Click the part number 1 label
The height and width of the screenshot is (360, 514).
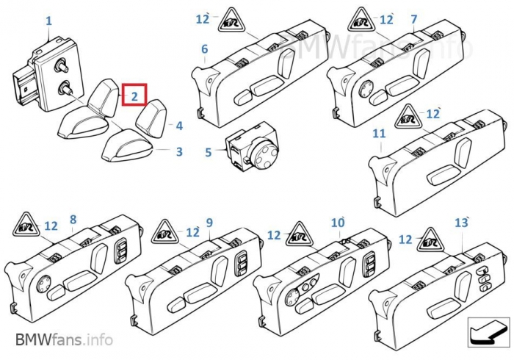click(x=48, y=21)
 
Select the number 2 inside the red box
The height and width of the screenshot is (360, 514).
click(x=134, y=96)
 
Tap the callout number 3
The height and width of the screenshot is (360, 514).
click(x=179, y=151)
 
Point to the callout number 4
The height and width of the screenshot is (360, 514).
click(x=179, y=126)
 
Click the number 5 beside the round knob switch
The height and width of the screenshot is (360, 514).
click(x=209, y=152)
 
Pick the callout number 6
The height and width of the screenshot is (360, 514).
click(x=205, y=49)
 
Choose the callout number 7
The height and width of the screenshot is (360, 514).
click(x=414, y=19)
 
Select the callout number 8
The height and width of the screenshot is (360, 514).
click(x=73, y=220)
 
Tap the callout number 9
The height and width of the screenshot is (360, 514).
click(x=209, y=223)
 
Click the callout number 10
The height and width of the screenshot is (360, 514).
click(x=338, y=223)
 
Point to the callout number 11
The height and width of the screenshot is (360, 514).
click(x=379, y=134)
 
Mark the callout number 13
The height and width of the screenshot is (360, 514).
click(x=461, y=223)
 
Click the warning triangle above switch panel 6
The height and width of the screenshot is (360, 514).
click(x=231, y=21)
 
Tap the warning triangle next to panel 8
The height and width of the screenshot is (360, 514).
click(x=26, y=226)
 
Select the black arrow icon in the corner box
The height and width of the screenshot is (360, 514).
click(x=488, y=333)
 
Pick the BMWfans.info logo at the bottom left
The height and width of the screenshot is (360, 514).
click(x=65, y=339)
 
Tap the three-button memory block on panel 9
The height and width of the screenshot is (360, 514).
click(x=242, y=264)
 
